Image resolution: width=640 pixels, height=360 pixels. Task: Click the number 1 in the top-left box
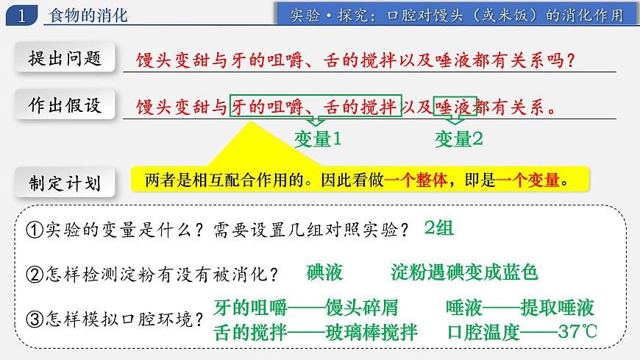coord(23,15)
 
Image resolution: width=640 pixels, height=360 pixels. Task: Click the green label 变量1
coord(318,138)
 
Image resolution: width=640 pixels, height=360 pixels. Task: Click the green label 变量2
coord(458,138)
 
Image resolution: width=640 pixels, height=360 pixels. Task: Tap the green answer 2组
coord(438,228)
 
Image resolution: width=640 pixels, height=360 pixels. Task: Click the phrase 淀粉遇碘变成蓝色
coord(464,272)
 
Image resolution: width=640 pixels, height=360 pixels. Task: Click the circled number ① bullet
coord(35,230)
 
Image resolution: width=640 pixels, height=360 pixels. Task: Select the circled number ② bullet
coord(35,275)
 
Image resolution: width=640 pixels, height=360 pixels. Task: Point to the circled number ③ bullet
coord(35,320)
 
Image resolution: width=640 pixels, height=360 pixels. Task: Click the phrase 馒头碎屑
coord(372,307)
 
